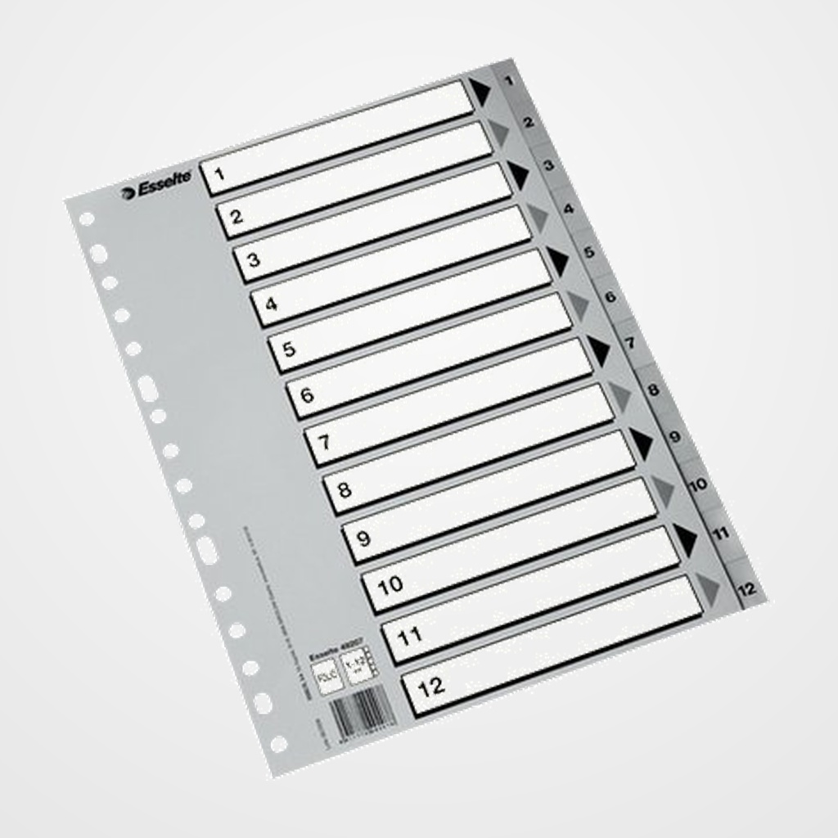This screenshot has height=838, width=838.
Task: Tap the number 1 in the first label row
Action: click(219, 174)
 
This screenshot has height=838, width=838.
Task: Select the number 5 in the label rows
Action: click(289, 349)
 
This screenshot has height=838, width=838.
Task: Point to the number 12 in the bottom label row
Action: click(430, 684)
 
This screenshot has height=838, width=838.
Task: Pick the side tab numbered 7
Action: click(631, 344)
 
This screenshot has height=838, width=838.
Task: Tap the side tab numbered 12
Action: click(745, 588)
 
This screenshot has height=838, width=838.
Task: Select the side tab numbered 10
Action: click(697, 484)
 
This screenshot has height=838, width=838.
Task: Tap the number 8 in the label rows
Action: click(344, 490)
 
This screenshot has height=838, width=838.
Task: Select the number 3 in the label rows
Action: click(254, 261)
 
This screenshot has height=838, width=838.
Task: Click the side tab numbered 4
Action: click(568, 209)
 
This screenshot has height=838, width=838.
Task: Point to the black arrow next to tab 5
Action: click(558, 262)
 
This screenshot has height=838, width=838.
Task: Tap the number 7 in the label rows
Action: click(324, 443)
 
